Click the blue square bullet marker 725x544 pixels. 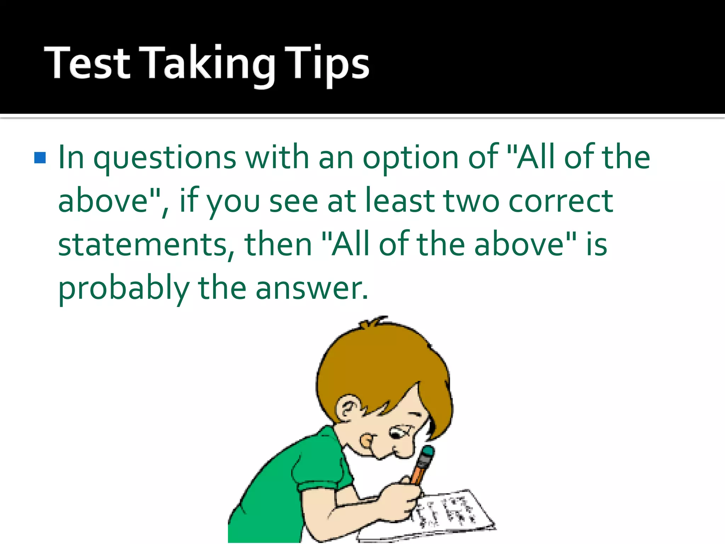tap(40, 158)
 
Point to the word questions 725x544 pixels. tap(165, 159)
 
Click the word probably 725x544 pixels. tap(124, 289)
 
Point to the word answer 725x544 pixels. tap(312, 289)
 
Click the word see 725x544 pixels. tap(293, 202)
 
